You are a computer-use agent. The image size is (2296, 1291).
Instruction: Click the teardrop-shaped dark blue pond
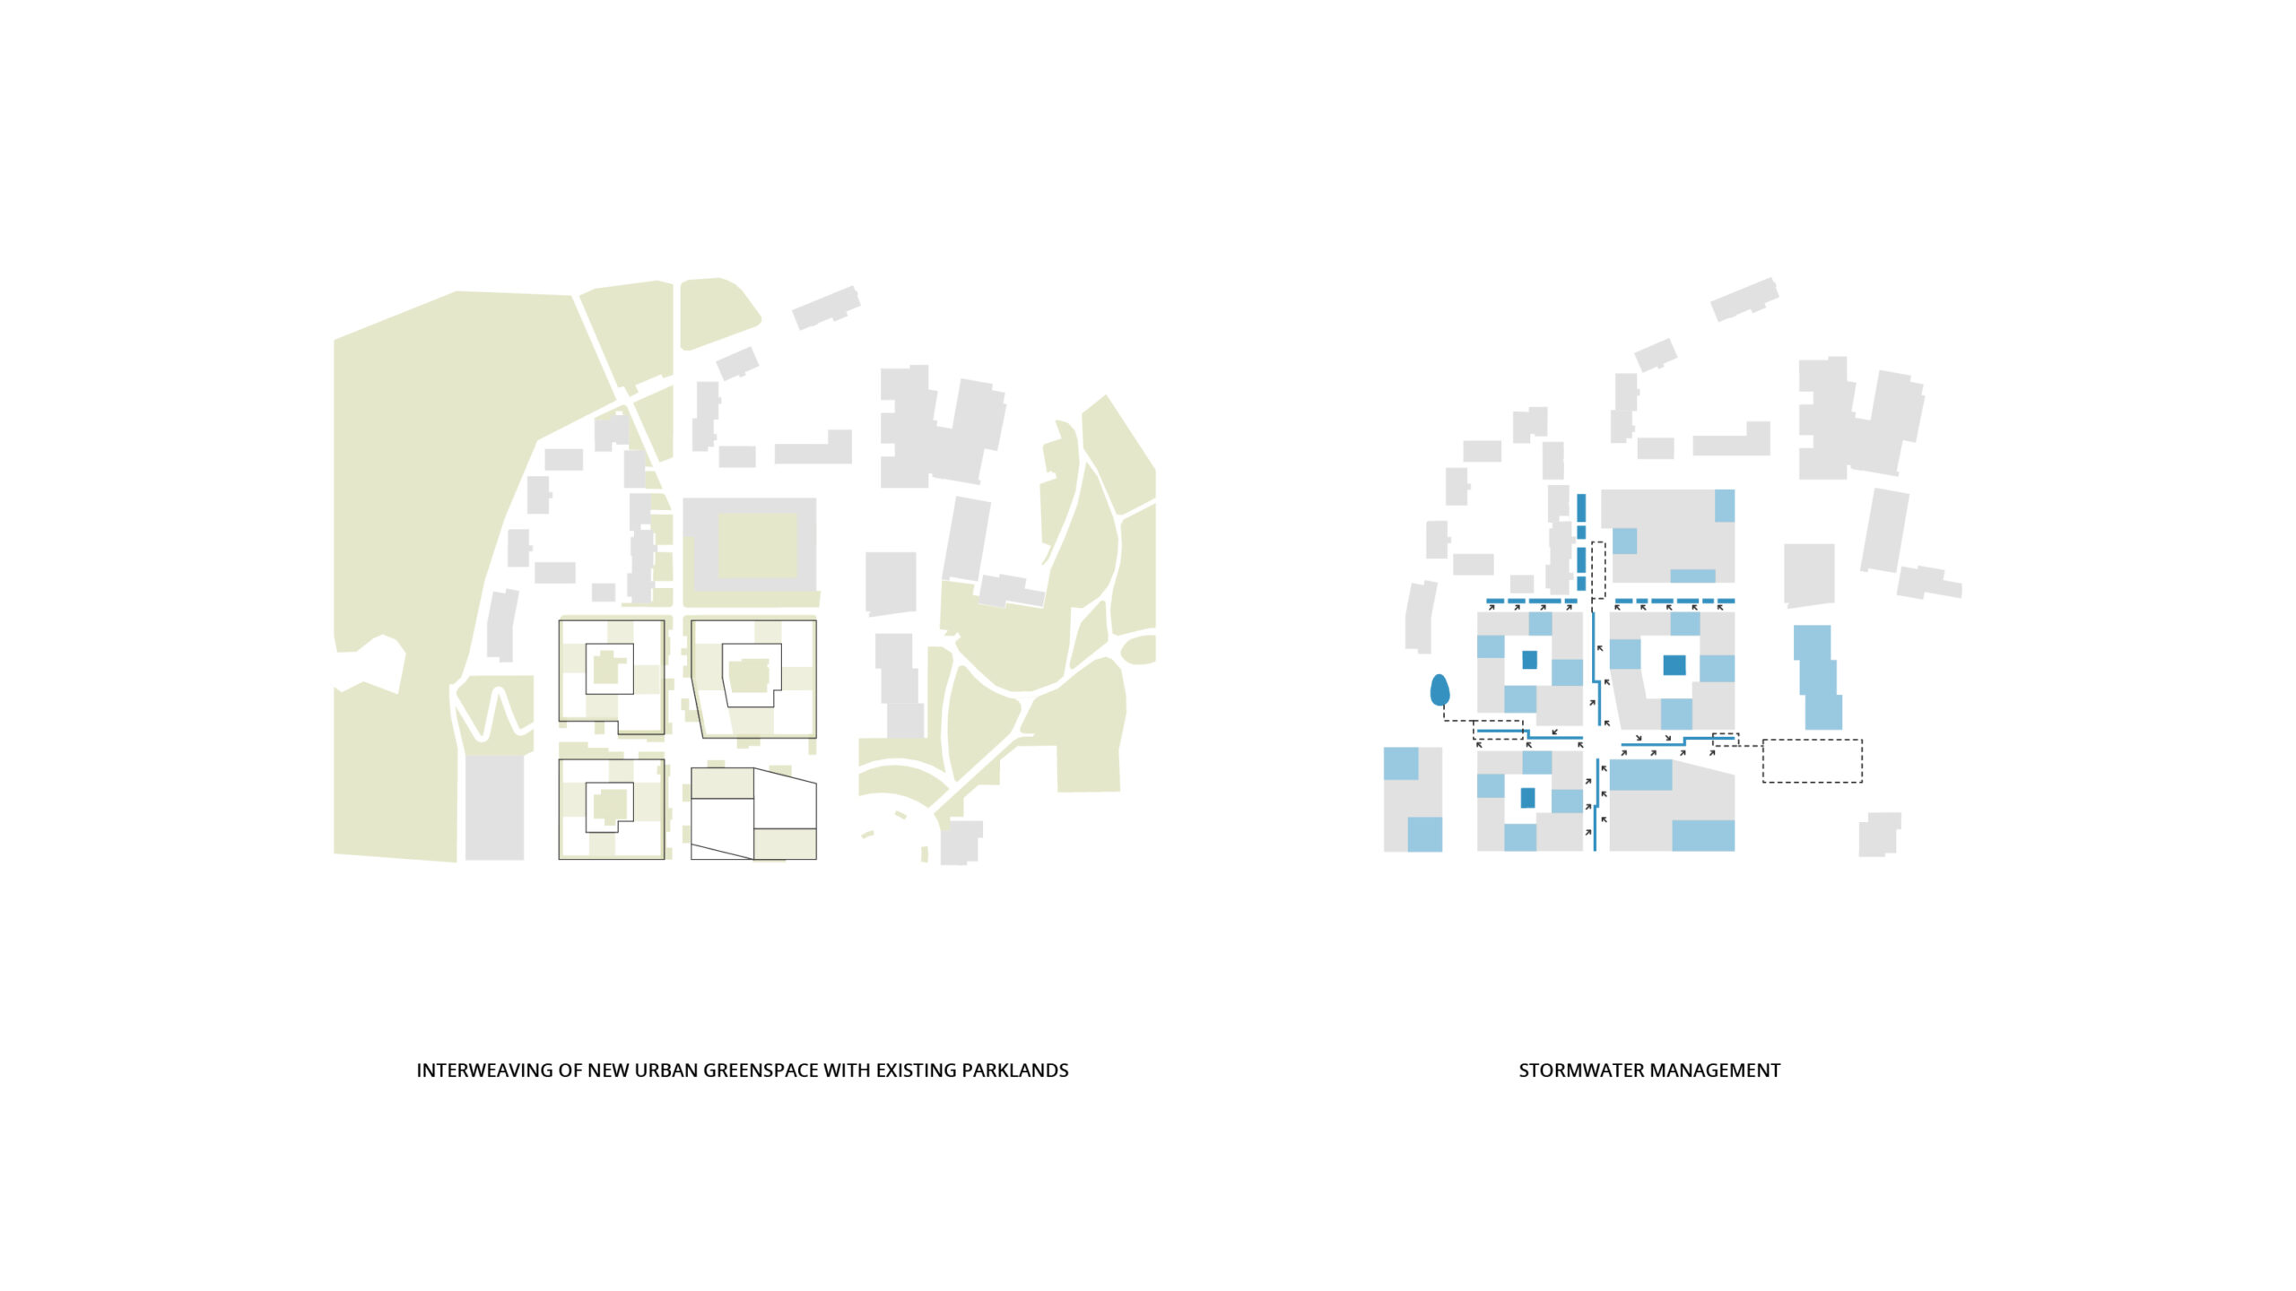coord(1439,690)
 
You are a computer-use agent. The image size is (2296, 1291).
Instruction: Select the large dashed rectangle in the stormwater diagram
coord(1812,761)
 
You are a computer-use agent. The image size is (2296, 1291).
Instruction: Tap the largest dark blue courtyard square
coord(1674,665)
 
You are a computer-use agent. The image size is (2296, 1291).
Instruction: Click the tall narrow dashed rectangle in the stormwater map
coord(1598,570)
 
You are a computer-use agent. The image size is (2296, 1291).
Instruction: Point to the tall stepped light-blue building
coord(1819,677)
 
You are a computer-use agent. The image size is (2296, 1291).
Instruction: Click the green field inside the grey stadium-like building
coord(757,546)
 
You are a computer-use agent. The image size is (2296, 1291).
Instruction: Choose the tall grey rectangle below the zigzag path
coord(494,807)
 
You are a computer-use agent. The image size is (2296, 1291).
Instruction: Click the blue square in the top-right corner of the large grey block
coord(1724,506)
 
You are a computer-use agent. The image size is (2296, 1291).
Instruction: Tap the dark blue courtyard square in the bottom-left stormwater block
coord(1527,797)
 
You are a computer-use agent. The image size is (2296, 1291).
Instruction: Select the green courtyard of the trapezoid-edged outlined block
coord(749,676)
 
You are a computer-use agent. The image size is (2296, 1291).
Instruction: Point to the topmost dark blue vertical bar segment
coord(1581,507)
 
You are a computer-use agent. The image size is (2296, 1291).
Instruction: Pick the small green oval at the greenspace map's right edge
coord(1140,649)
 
